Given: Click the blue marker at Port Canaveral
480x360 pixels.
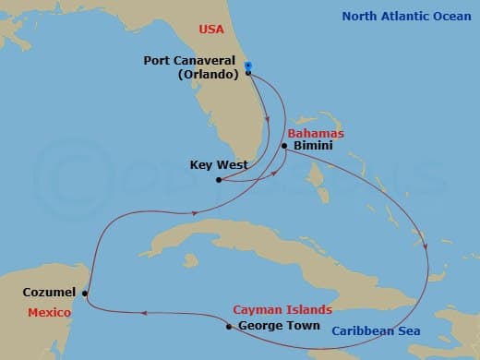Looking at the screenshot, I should pyautogui.click(x=247, y=66).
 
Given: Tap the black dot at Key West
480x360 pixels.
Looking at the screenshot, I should pyautogui.click(x=218, y=180).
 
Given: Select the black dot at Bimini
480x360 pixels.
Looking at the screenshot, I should pyautogui.click(x=284, y=147).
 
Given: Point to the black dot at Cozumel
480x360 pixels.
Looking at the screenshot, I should pyautogui.click(x=85, y=294).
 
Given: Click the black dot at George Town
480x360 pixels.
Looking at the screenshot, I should pyautogui.click(x=228, y=326).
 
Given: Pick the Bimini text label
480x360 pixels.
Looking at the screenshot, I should pyautogui.click(x=312, y=146).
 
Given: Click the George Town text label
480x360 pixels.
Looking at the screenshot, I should pyautogui.click(x=279, y=326).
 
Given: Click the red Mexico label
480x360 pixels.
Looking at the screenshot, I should pyautogui.click(x=49, y=312).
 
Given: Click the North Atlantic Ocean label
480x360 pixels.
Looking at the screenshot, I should pyautogui.click(x=406, y=17).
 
